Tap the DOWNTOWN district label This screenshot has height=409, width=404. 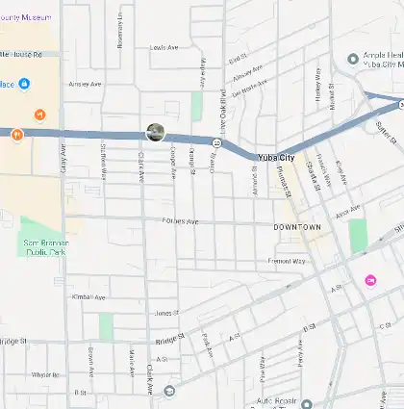[x=297, y=226]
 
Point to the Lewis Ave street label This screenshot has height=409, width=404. [x=164, y=47]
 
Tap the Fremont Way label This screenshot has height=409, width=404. [x=286, y=261]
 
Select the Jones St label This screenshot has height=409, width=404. [x=166, y=313]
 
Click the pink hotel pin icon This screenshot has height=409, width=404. [x=371, y=279]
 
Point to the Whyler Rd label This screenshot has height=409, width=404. [x=45, y=374]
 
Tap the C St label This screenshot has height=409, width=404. [x=384, y=327]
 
